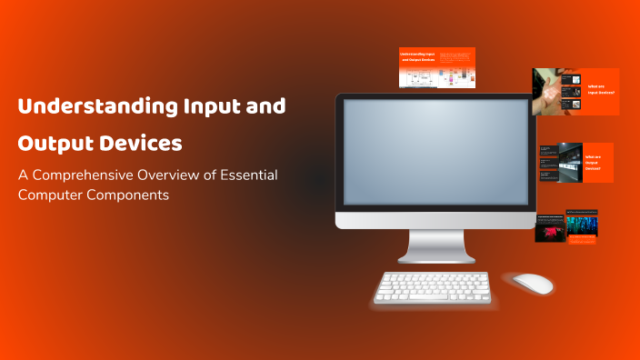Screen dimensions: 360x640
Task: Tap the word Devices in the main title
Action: tap(140, 145)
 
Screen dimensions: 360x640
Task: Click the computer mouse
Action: tap(532, 283)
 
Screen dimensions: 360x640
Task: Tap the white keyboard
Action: tap(433, 287)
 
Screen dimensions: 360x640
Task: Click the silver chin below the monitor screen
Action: tap(435, 219)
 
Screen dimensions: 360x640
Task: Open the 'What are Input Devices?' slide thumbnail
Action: tap(575, 92)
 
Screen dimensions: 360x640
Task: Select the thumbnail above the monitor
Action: tap(437, 67)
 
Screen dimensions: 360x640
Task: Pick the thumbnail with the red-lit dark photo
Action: tap(550, 228)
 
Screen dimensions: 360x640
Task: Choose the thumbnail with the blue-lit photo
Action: tap(582, 228)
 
